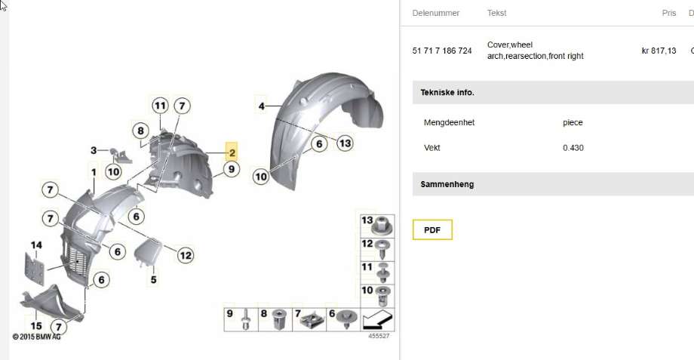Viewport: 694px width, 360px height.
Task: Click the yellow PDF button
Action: (x=432, y=230)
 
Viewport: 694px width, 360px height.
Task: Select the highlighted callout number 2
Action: (x=232, y=152)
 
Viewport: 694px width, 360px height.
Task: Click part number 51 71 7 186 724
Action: (x=442, y=51)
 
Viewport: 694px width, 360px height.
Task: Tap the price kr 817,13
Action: (x=659, y=51)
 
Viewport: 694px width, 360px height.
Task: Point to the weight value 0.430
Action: (x=573, y=148)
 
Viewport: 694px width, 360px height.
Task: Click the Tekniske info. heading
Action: (x=447, y=93)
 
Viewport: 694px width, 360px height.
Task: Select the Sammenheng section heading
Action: (x=447, y=184)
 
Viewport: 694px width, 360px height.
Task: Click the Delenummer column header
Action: (x=435, y=13)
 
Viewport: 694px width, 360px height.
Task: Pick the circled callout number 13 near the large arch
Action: (x=345, y=143)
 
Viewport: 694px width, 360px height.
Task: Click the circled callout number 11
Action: (x=160, y=106)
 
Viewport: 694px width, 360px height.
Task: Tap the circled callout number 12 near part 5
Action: (x=186, y=255)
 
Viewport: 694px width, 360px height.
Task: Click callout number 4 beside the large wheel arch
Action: (x=262, y=106)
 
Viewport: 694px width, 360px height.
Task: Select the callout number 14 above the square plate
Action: (x=36, y=245)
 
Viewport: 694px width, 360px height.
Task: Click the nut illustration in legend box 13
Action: (x=381, y=226)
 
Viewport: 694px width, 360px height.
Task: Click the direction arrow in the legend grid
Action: (x=377, y=321)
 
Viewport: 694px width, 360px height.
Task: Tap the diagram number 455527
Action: (x=379, y=336)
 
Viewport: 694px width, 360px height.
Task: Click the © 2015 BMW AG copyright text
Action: (x=36, y=337)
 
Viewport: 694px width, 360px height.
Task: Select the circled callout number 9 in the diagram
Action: (x=231, y=169)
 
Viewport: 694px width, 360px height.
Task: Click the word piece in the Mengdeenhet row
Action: (x=573, y=123)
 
